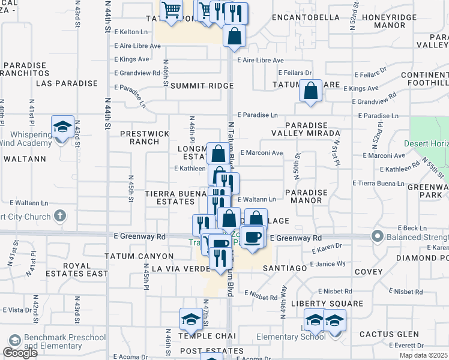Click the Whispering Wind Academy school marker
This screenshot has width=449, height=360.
(62, 127)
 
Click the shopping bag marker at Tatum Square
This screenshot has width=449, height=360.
(310, 92)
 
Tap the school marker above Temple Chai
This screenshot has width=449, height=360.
(191, 320)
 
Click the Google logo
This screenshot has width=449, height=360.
(20, 352)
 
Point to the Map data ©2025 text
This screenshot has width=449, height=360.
(423, 355)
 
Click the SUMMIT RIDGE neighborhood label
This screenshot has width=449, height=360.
(202, 86)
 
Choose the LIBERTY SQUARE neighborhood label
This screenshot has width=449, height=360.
(327, 304)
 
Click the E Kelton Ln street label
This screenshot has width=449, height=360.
(131, 32)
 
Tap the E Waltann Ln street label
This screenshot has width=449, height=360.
(257, 199)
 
